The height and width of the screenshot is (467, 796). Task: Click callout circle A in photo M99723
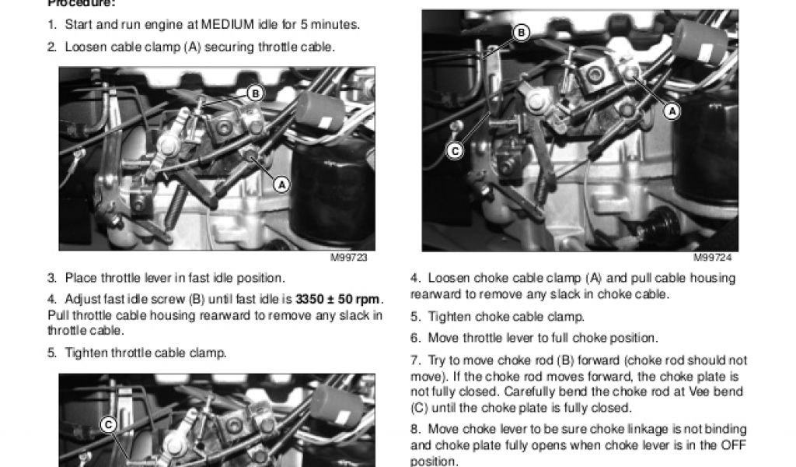[x=281, y=184]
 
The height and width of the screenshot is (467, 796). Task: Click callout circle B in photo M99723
[x=255, y=93]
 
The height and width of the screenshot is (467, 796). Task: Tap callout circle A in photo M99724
[x=672, y=111]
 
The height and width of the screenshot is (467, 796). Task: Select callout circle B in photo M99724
[x=521, y=33]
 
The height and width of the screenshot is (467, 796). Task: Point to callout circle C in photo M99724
[x=455, y=151]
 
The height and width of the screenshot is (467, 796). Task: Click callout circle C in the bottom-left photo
[x=108, y=425]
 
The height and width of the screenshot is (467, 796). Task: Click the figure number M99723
[x=349, y=258]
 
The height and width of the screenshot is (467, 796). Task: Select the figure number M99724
[x=713, y=258]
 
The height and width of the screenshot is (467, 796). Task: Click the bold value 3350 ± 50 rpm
[x=337, y=300]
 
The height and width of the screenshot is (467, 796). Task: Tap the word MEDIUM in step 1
[x=228, y=24]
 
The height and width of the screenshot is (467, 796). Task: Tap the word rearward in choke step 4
[x=435, y=294]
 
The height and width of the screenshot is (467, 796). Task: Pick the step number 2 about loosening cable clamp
[x=52, y=47]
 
